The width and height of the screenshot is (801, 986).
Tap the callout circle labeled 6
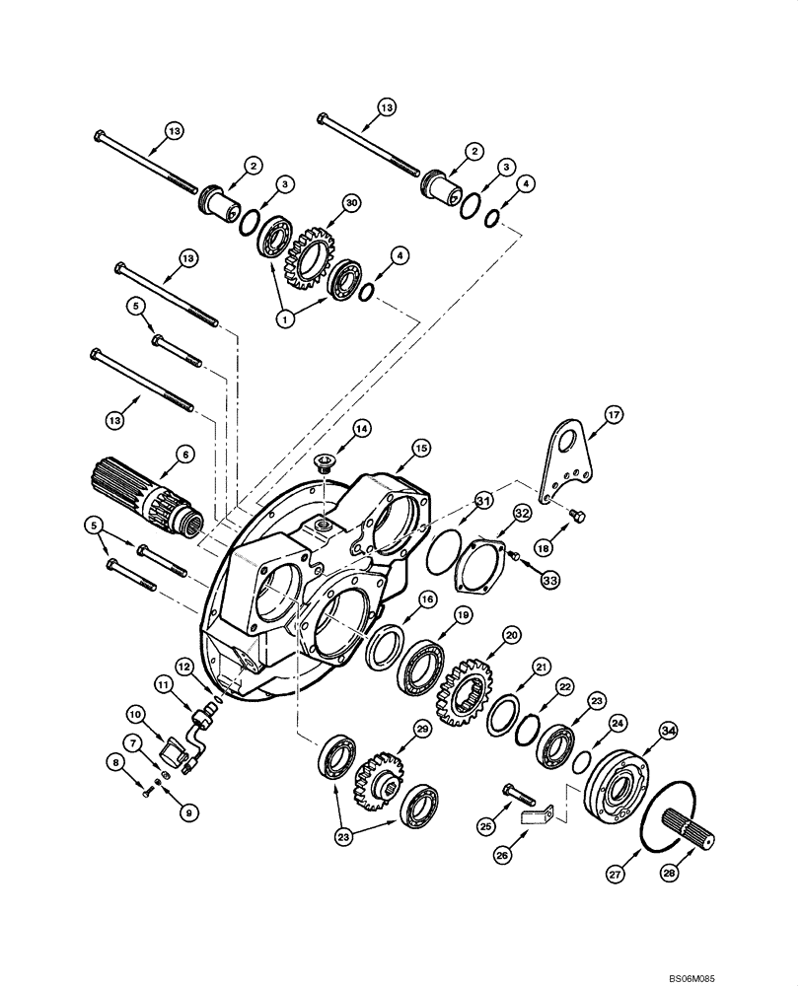pyautogui.click(x=183, y=454)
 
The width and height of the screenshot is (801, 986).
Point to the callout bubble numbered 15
pyautogui.click(x=421, y=449)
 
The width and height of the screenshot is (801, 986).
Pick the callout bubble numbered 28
pyautogui.click(x=698, y=873)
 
